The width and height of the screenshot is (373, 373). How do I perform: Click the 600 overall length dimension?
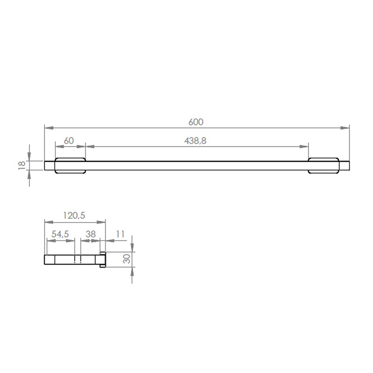click(196, 122)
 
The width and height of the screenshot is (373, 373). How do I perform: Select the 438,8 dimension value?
click(195, 141)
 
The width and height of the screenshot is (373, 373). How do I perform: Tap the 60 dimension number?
click(69, 141)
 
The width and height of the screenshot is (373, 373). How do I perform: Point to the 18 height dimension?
click(22, 165)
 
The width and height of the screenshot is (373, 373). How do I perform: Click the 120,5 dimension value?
click(74, 215)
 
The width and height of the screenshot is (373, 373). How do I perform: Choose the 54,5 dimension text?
click(60, 234)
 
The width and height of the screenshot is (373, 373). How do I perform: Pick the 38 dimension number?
click(90, 234)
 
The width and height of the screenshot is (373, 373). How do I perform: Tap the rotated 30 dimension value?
click(127, 259)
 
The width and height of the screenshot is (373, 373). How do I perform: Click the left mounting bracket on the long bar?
click(70, 166)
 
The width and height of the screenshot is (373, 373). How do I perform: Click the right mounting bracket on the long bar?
click(323, 166)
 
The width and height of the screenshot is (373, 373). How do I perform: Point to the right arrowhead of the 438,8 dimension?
click(304, 146)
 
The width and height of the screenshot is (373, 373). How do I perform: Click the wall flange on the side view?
click(103, 259)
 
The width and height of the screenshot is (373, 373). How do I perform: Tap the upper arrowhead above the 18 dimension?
click(29, 156)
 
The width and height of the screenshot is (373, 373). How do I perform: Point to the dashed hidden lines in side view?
click(78, 260)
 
